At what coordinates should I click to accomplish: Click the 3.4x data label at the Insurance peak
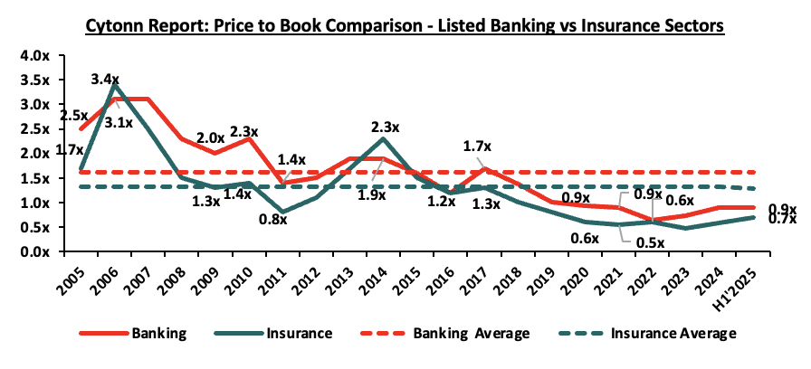(x=106, y=80)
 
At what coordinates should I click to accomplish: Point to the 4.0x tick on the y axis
(x=35, y=55)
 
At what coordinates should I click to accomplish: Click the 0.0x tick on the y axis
(x=35, y=252)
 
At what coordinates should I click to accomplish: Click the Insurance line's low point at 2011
(x=284, y=213)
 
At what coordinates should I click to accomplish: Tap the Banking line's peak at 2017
(x=485, y=168)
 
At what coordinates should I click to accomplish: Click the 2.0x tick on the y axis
(x=35, y=154)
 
